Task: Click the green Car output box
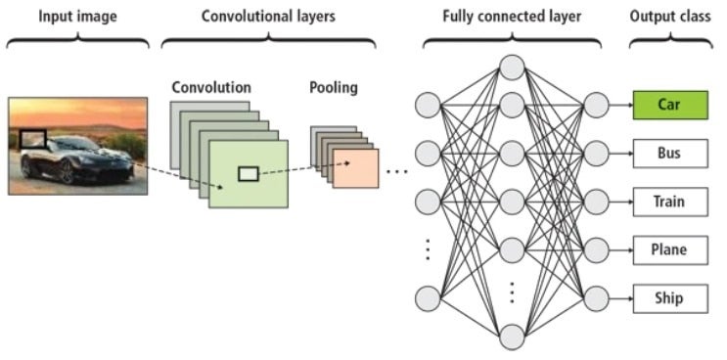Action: (x=669, y=104)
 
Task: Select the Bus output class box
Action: (x=669, y=153)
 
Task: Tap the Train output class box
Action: (x=669, y=202)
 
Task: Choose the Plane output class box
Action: (x=669, y=249)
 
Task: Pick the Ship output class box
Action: (x=669, y=298)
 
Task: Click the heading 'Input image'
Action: (x=77, y=17)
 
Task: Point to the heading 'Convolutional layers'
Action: (x=267, y=17)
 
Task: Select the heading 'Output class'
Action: (x=670, y=17)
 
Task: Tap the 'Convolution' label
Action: (x=210, y=87)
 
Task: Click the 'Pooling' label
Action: (x=334, y=87)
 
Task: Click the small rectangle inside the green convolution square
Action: (x=249, y=174)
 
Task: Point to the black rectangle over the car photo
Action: (x=35, y=141)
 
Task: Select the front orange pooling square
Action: (x=354, y=167)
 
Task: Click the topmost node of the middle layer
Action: (x=512, y=67)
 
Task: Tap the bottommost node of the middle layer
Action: (x=512, y=337)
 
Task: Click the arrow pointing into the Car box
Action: (x=620, y=104)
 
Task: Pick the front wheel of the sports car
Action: (x=67, y=172)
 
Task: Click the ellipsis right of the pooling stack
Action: (x=396, y=171)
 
